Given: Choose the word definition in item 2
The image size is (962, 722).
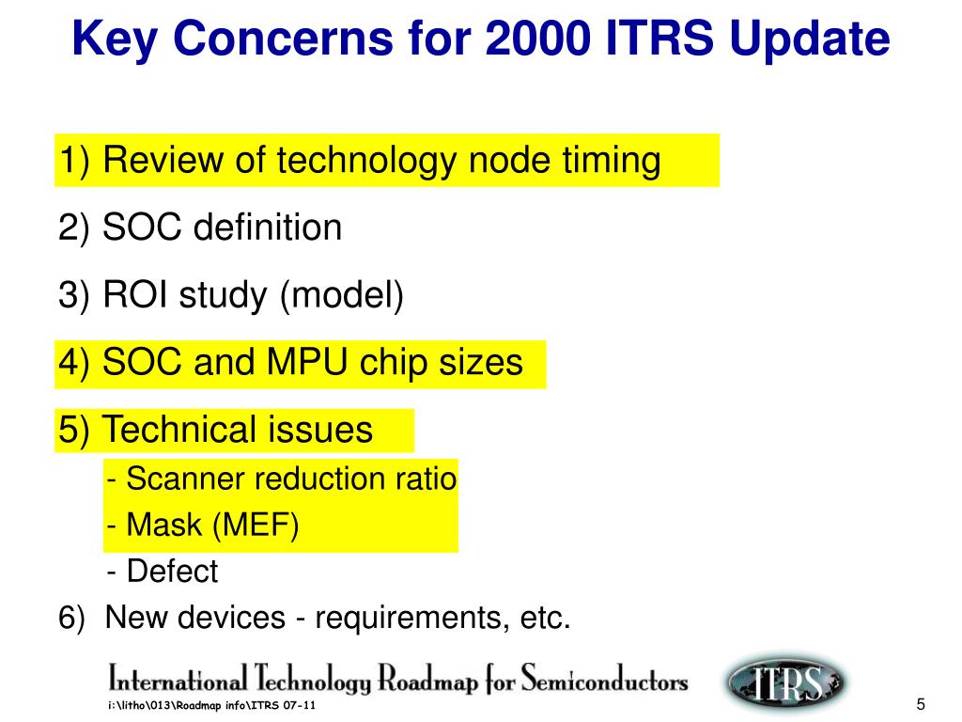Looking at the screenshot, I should click(269, 228).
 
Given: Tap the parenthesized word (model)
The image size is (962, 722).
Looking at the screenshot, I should click(342, 295).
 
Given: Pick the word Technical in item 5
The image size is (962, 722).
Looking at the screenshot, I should click(176, 431).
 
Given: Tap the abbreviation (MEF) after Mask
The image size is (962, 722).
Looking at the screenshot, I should click(256, 526).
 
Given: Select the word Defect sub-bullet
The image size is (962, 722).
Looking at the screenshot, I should click(172, 572).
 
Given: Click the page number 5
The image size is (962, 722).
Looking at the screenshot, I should click(920, 706).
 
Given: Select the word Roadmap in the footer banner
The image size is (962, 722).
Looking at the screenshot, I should click(428, 680).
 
